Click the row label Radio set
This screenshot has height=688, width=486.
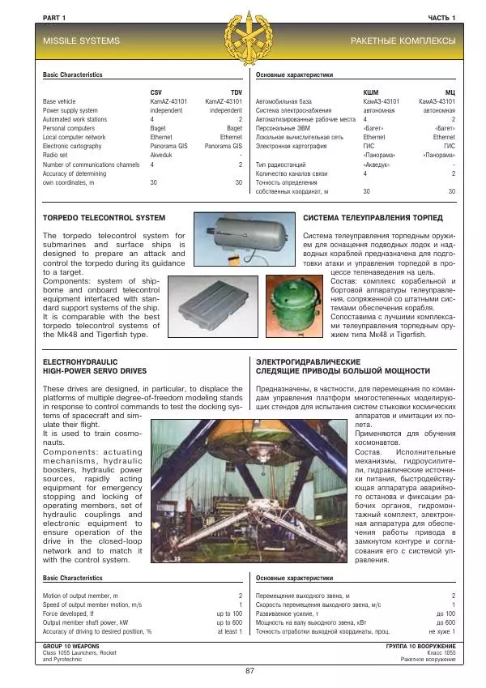pos(57,156)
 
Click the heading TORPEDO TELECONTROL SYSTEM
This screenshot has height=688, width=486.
pos(104,218)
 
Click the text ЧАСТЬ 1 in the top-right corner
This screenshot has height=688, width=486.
pos(442,17)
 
